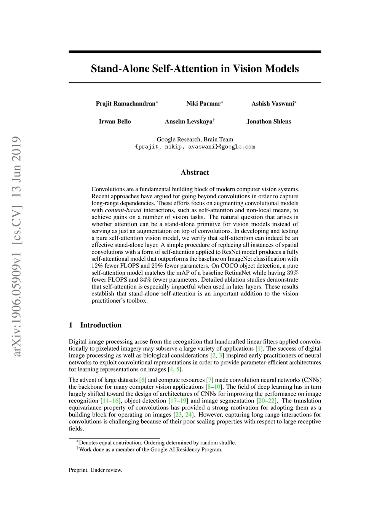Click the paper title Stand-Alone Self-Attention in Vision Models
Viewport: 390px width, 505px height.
pos(195,69)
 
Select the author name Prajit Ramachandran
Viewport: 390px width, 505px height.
pos(126,104)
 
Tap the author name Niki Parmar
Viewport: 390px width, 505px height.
pos(203,104)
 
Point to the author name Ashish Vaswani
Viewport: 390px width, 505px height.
pos(273,104)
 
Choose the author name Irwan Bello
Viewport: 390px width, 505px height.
pos(115,122)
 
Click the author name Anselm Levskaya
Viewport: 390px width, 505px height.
pos(189,122)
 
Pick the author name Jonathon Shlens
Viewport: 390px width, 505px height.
pos(269,122)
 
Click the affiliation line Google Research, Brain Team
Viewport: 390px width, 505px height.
pos(195,139)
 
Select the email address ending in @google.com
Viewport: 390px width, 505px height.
pos(195,147)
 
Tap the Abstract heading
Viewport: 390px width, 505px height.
pos(195,172)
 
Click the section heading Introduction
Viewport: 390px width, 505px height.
pos(101,325)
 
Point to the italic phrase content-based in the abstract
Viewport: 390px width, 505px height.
pos(123,210)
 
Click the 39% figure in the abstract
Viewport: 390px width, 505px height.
pos(292,273)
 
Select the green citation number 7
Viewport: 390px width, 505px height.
pos(210,380)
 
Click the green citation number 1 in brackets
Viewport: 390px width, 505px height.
pos(259,349)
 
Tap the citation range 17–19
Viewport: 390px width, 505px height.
pos(178,401)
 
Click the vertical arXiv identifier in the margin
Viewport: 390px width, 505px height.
pos(16,246)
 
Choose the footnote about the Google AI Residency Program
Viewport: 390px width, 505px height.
pos(150,450)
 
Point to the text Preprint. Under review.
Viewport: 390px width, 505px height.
pos(96,470)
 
